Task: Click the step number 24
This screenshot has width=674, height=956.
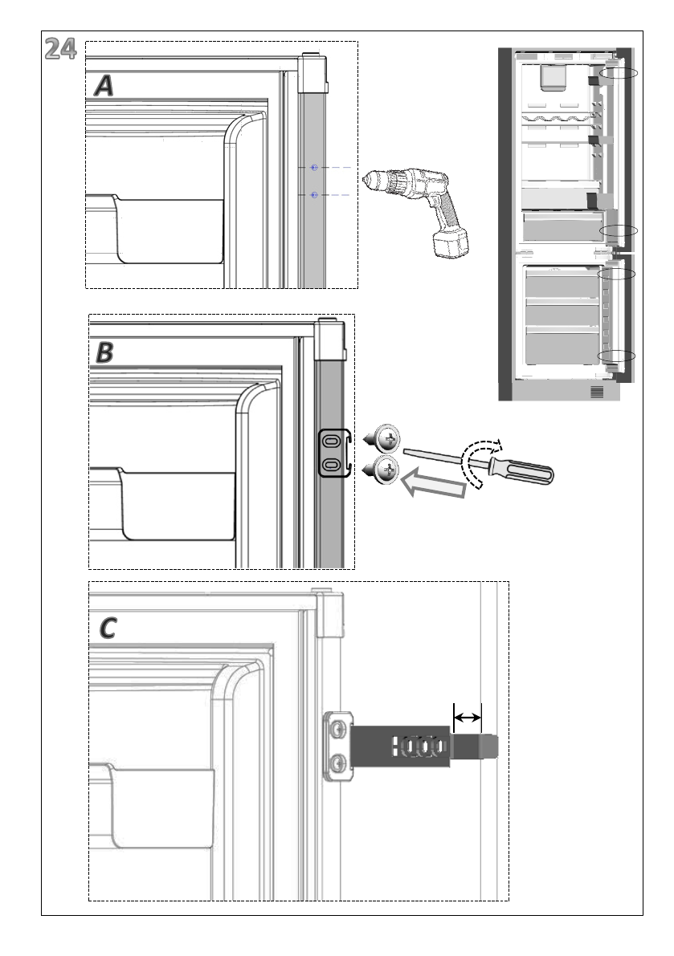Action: pos(60,51)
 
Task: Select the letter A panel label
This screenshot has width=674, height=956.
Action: pos(104,85)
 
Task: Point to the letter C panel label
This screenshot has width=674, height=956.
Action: pos(107,629)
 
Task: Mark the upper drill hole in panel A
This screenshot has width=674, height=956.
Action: pos(314,167)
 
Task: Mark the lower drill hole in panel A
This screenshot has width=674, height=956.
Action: pos(314,195)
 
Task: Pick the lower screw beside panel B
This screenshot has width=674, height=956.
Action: pos(386,470)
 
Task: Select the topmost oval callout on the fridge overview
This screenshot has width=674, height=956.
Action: pos(620,73)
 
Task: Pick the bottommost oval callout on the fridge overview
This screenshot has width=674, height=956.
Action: pos(617,356)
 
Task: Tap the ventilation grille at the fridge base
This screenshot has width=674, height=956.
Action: pos(596,393)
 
